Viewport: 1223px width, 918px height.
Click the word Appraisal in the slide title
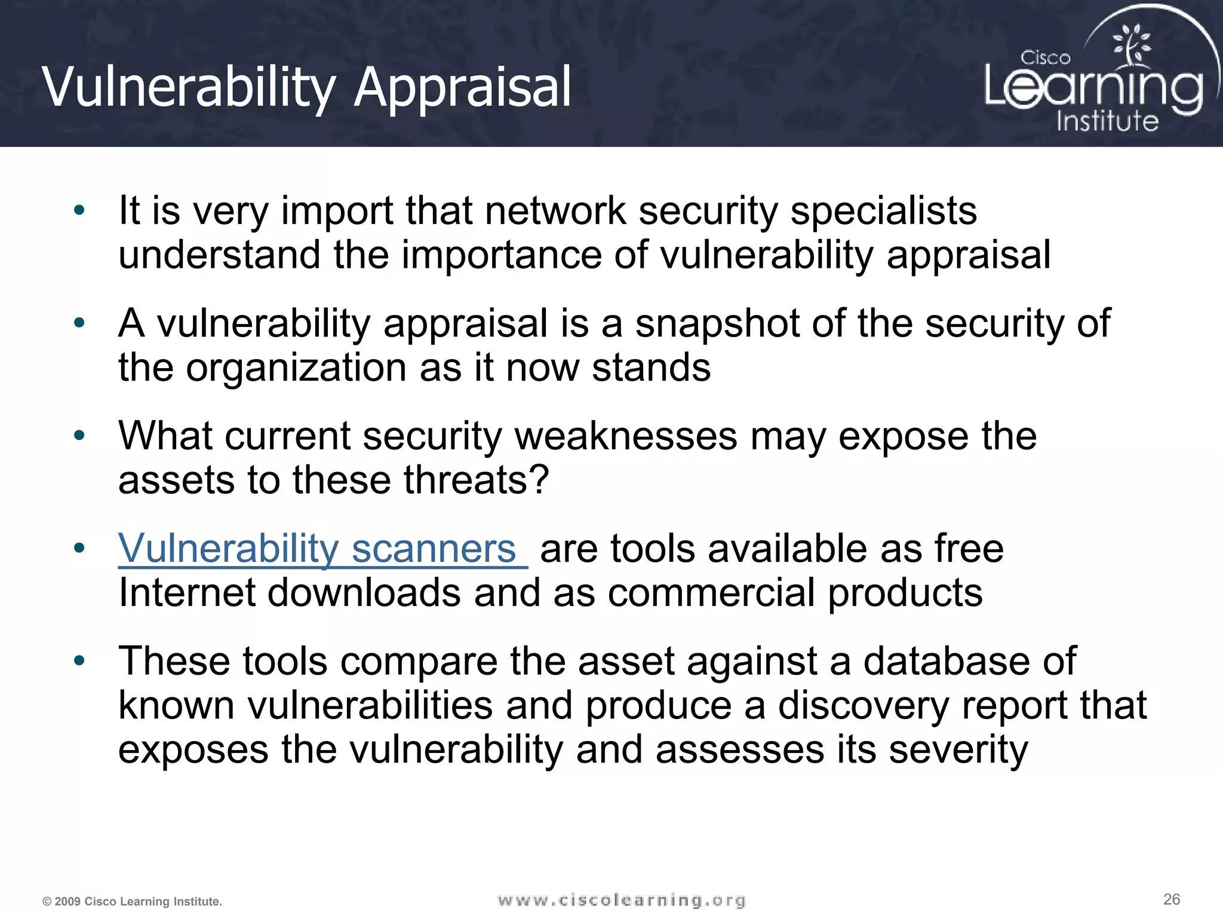pos(463,88)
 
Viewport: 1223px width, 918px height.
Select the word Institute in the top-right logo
pos(1107,121)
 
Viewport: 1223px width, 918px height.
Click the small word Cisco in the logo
pos(1045,58)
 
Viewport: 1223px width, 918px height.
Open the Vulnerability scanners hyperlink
pos(317,548)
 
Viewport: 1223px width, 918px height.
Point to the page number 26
pos(1172,899)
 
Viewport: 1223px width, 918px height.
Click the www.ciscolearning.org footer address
pos(622,900)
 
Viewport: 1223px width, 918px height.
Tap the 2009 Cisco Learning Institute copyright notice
pos(132,901)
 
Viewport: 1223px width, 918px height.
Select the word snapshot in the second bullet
pos(717,323)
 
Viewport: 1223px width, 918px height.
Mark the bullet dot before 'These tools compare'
pos(79,661)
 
